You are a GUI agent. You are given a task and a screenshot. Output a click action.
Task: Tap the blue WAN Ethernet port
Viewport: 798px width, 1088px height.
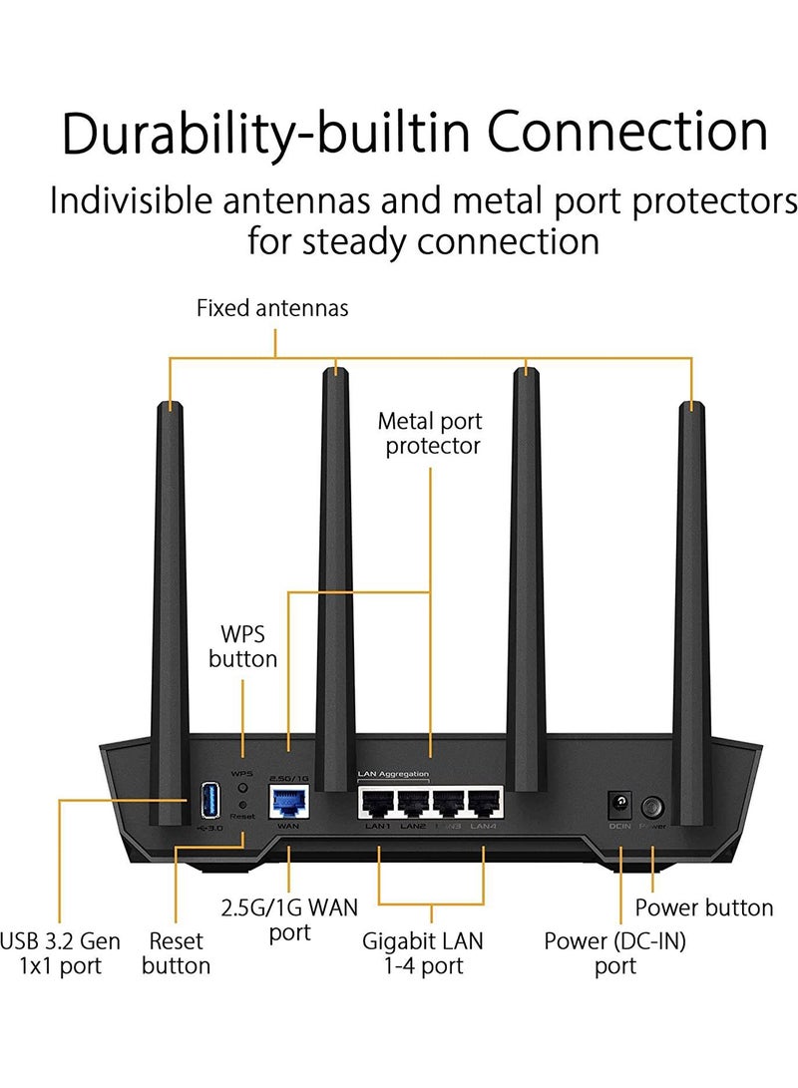point(288,801)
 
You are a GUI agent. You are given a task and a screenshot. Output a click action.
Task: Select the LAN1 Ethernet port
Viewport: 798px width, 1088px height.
point(378,804)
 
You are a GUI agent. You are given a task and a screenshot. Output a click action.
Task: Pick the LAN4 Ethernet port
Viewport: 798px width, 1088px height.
point(483,804)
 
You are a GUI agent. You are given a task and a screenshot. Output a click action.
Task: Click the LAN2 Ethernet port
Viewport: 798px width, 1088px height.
point(413,804)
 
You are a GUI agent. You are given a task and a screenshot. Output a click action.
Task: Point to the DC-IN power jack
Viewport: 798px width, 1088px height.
point(620,805)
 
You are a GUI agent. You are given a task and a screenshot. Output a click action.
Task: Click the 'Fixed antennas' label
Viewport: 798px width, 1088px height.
point(272,308)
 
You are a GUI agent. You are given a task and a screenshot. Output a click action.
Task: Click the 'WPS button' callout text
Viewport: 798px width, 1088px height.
point(242,645)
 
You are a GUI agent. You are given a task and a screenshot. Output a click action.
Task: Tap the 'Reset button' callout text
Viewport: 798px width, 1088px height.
point(176,952)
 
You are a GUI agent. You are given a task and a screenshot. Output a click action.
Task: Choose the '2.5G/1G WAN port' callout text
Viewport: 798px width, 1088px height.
point(288,919)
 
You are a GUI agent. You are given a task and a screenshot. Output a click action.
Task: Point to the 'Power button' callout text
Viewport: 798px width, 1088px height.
point(704,907)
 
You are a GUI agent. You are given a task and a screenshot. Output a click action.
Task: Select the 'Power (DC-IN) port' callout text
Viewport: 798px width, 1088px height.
point(615,952)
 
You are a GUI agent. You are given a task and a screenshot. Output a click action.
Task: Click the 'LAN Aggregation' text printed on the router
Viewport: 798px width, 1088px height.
point(393,774)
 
